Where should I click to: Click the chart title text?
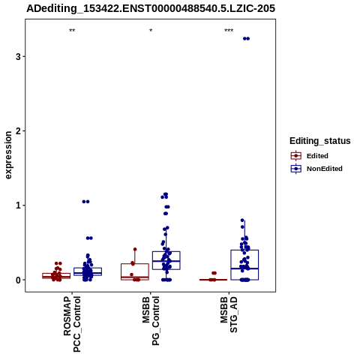pyautogui.click(x=151, y=8)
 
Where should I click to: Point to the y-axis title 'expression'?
pyautogui.click(x=8, y=155)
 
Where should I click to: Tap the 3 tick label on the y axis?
pyautogui.click(x=18, y=57)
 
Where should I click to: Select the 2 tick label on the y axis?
pyautogui.click(x=18, y=131)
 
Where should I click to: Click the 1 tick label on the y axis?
pyautogui.click(x=18, y=205)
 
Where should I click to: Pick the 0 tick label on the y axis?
pyautogui.click(x=18, y=280)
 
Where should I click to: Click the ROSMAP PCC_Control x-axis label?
pyautogui.click(x=72, y=324)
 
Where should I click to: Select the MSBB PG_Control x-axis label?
pyautogui.click(x=151, y=321)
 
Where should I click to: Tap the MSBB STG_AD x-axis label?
pyautogui.click(x=229, y=314)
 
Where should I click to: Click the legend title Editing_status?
pyautogui.click(x=320, y=141)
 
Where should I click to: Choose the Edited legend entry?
pyautogui.click(x=310, y=156)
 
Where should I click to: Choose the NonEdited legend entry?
pyautogui.click(x=316, y=169)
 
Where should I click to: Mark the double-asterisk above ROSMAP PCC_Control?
pyautogui.click(x=72, y=31)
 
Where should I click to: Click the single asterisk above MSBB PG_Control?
pyautogui.click(x=151, y=31)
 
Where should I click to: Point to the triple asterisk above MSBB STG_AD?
pyautogui.click(x=229, y=31)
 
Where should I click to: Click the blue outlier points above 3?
pyautogui.click(x=246, y=38)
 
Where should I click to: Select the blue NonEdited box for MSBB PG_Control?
pyautogui.click(x=166, y=260)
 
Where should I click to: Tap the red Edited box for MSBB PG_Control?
pyautogui.click(x=135, y=271)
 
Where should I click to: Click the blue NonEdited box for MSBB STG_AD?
pyautogui.click(x=244, y=265)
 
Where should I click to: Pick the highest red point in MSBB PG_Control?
pyautogui.click(x=135, y=249)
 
